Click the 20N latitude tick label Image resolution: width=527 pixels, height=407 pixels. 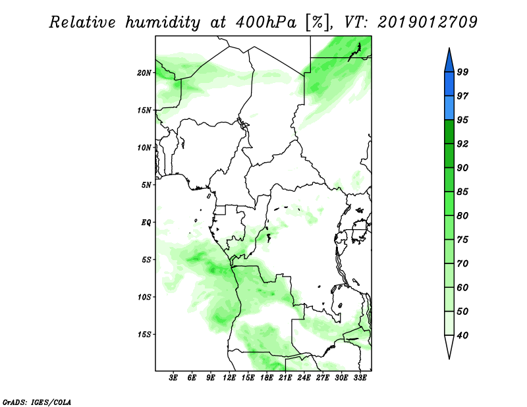(x=144, y=73)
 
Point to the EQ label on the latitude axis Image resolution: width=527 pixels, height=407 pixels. (x=146, y=223)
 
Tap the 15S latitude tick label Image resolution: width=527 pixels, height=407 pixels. (x=144, y=335)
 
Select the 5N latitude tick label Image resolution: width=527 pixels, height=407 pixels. (x=146, y=185)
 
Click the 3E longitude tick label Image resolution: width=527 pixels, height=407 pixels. (x=173, y=378)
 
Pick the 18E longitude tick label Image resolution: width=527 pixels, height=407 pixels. (x=267, y=378)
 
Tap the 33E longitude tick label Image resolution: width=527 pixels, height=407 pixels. (x=360, y=378)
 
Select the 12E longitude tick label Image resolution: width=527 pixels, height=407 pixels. (x=229, y=378)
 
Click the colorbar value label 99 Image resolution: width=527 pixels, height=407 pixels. (x=462, y=72)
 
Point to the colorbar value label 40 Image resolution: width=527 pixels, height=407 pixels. (x=462, y=335)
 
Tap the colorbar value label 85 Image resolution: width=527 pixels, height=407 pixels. (x=462, y=192)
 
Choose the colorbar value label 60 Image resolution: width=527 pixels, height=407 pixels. (x=462, y=287)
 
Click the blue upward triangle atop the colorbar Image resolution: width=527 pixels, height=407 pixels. (x=449, y=62)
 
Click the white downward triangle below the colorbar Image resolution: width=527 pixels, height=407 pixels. (x=449, y=346)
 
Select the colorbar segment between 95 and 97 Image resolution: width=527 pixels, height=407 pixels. (x=449, y=108)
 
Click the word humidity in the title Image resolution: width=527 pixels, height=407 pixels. (x=163, y=23)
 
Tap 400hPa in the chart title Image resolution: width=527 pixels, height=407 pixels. (x=266, y=22)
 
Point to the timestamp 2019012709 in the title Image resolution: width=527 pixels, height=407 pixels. (x=427, y=22)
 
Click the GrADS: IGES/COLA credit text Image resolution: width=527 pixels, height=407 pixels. (x=37, y=402)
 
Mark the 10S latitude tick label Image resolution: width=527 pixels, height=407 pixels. (x=144, y=297)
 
